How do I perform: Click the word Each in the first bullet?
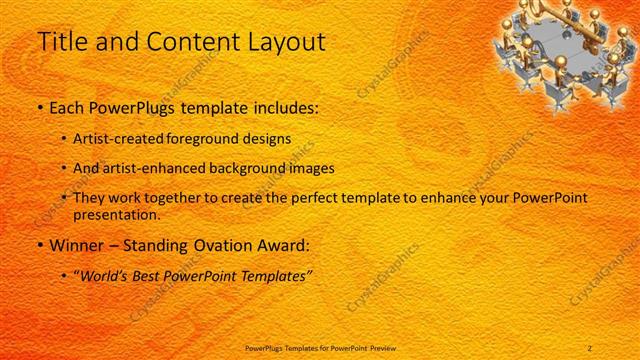[67, 106]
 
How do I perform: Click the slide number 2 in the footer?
[590, 347]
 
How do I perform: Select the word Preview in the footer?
[387, 347]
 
